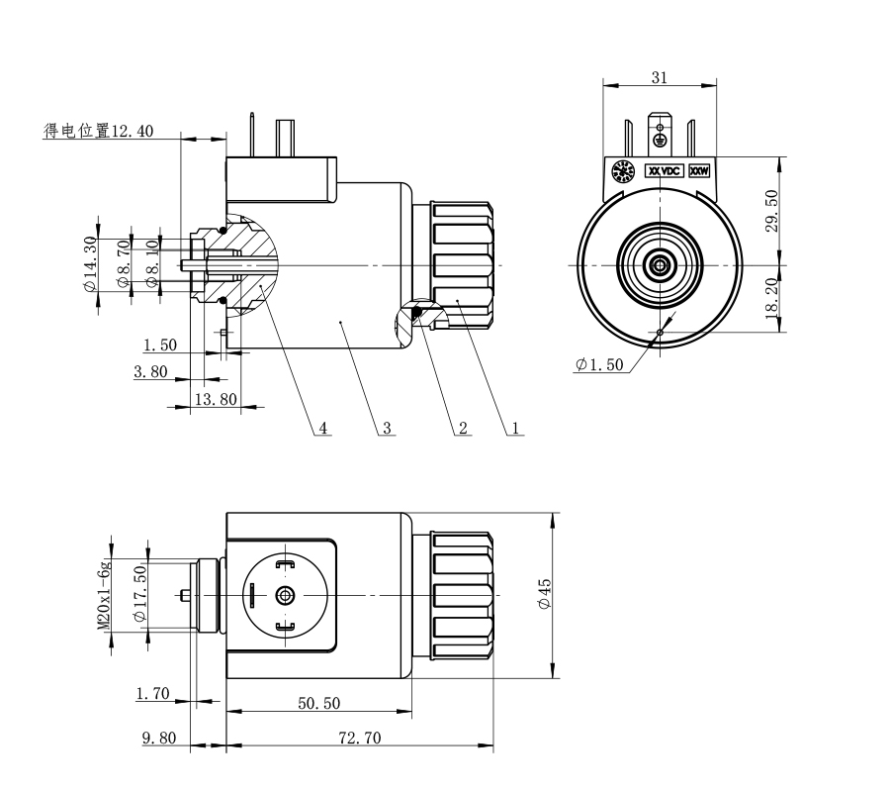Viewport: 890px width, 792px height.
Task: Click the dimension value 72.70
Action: pyautogui.click(x=360, y=738)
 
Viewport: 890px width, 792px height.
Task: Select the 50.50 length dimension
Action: pyautogui.click(x=318, y=703)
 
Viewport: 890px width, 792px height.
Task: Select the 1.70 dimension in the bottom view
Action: pyautogui.click(x=155, y=694)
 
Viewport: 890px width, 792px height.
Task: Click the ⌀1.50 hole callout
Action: pyautogui.click(x=599, y=365)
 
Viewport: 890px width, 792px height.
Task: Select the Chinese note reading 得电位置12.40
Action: pyautogui.click(x=98, y=131)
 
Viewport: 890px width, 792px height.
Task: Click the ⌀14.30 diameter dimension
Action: pyautogui.click(x=90, y=263)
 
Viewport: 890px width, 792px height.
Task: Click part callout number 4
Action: pyautogui.click(x=321, y=429)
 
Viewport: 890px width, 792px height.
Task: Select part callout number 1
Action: pyautogui.click(x=515, y=429)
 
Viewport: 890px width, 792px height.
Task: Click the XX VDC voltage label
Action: pyautogui.click(x=665, y=170)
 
